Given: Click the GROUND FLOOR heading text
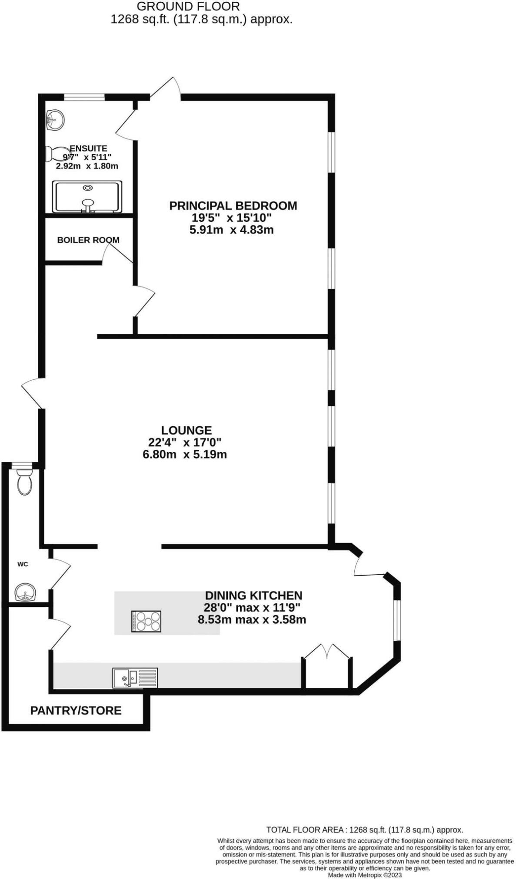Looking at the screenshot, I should [x=188, y=7].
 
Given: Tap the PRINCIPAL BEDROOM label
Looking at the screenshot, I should [x=233, y=206].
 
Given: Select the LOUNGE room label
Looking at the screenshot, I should [x=186, y=430].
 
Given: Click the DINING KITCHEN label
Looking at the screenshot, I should [x=253, y=595].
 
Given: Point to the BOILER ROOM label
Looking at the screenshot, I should [x=88, y=240].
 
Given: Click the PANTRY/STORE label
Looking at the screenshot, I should [x=76, y=710].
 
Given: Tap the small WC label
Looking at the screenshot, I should [x=23, y=564].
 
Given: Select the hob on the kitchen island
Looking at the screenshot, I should [x=146, y=621].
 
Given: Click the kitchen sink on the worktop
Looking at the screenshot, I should [x=135, y=678].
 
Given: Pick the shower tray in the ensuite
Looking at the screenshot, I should [x=87, y=197].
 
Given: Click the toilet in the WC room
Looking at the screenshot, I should [x=24, y=481].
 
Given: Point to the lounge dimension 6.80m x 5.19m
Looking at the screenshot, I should [x=184, y=454].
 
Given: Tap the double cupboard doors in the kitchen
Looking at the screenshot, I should [x=326, y=651].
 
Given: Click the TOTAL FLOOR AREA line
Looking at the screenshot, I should [x=364, y=830].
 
